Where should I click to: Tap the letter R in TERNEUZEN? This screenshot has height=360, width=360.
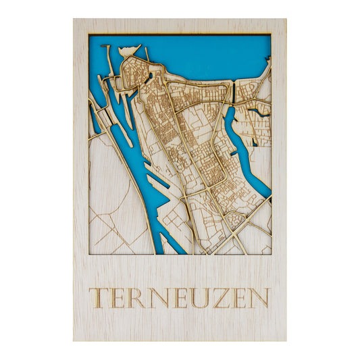tap(137, 298)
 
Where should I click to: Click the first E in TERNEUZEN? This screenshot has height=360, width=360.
tap(118, 298)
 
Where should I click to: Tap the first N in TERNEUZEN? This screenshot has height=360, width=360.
tap(158, 298)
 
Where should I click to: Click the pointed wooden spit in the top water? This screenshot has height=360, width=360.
tap(131, 50)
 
